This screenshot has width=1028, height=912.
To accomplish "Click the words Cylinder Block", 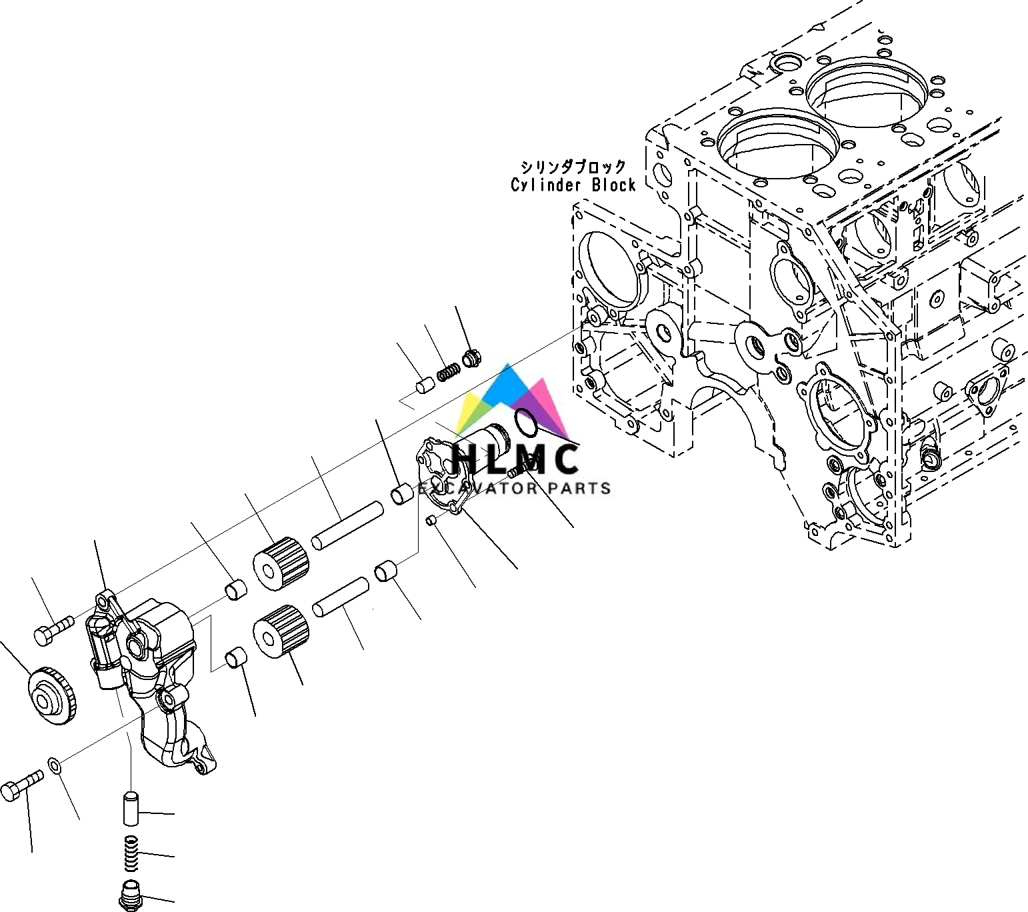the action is pyautogui.click(x=573, y=185).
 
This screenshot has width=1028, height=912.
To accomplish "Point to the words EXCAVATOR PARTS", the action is pyautogui.click(x=514, y=488).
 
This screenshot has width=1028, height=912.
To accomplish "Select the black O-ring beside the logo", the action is pyautogui.click(x=525, y=423).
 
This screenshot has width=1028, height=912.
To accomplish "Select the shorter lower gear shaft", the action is pyautogui.click(x=341, y=597).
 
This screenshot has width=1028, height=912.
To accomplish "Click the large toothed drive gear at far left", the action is pyautogui.click(x=53, y=696).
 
